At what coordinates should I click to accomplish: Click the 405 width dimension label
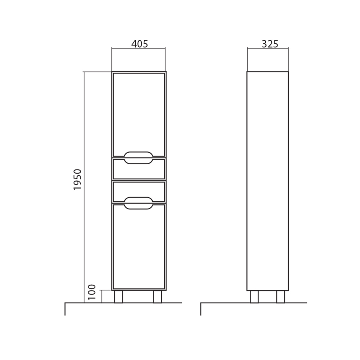click(139, 43)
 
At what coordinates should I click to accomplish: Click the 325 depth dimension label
click(270, 43)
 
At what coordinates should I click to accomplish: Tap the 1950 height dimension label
click(78, 179)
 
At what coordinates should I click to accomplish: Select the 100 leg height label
click(91, 292)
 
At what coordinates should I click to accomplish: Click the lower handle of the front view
click(138, 198)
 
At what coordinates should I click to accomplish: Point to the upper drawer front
click(139, 169)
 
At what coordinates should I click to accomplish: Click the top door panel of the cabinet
click(139, 115)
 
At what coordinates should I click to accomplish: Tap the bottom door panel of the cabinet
click(139, 247)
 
